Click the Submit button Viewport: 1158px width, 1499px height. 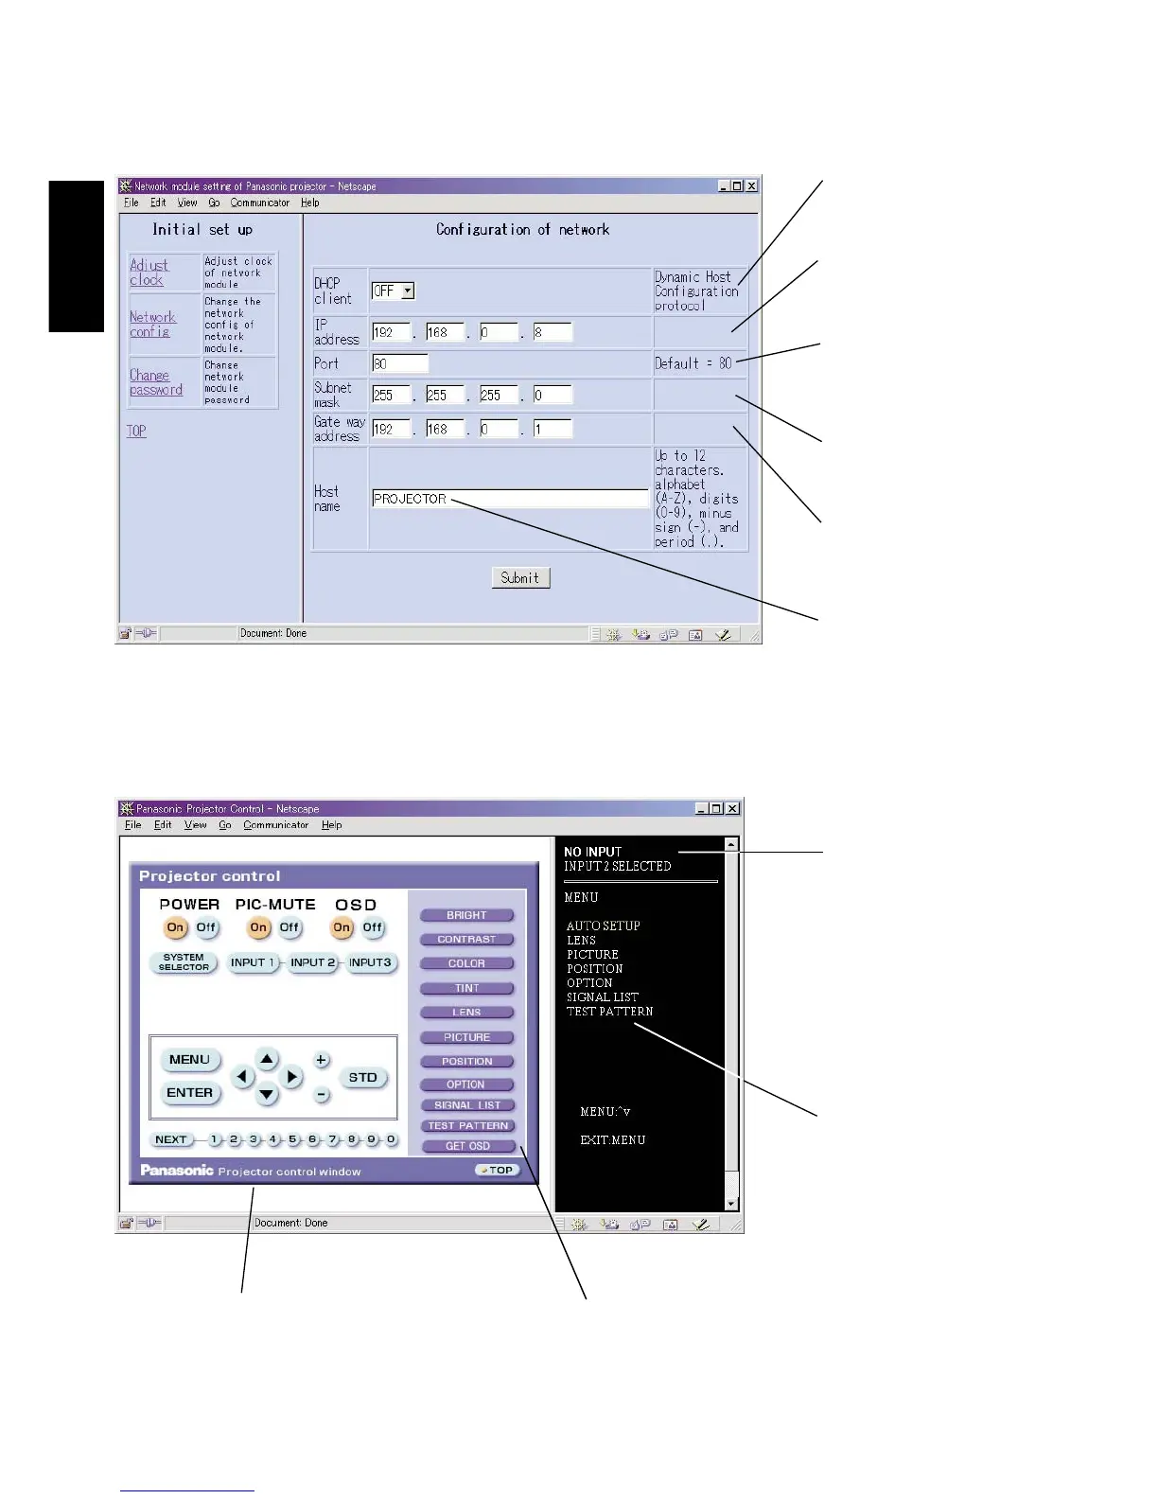520,578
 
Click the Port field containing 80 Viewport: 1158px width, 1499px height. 399,363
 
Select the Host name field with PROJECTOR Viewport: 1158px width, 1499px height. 510,499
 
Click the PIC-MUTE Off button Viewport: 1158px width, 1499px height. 289,928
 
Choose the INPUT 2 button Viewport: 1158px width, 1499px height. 312,963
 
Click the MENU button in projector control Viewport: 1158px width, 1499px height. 189,1060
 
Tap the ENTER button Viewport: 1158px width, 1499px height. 189,1093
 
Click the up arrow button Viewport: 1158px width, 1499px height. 267,1060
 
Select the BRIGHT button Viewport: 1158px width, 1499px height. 466,916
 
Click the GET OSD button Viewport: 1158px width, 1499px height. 467,1146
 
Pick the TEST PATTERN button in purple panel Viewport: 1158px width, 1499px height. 467,1126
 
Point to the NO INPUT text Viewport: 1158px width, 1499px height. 592,852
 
